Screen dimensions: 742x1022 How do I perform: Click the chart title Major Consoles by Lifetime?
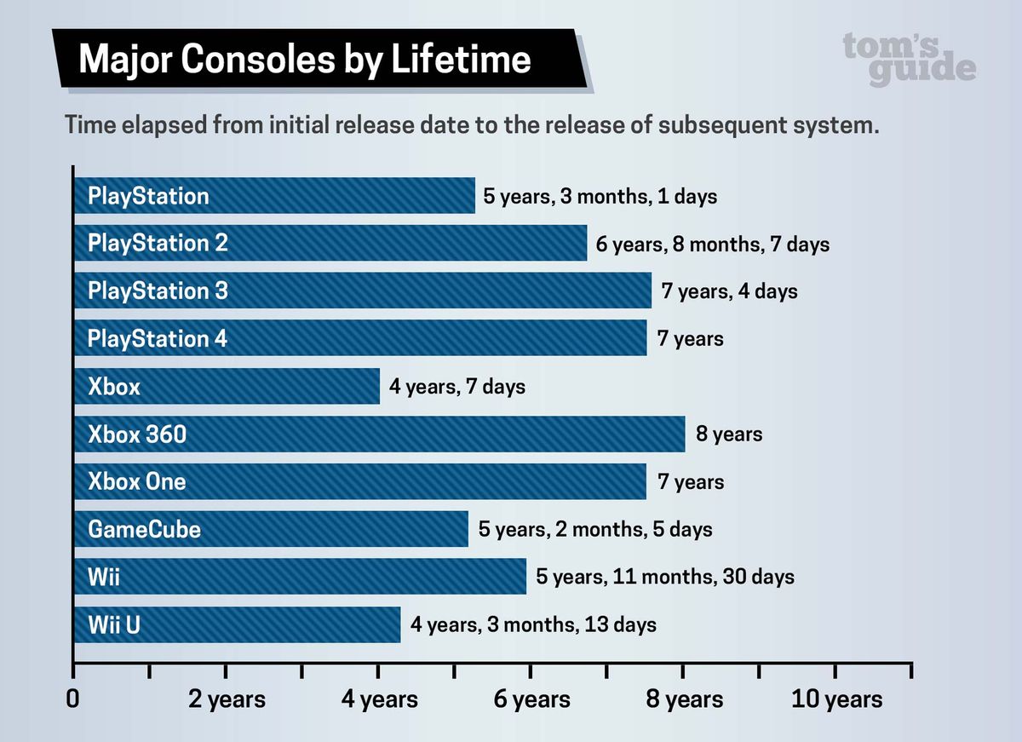click(304, 60)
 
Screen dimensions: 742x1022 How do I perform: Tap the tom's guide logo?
click(909, 58)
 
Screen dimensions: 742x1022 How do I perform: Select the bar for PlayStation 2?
click(330, 244)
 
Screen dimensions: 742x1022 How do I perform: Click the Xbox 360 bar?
click(379, 434)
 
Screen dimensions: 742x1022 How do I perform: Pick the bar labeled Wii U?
click(237, 624)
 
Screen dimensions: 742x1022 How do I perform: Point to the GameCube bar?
click(271, 529)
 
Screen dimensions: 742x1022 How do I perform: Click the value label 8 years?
click(729, 434)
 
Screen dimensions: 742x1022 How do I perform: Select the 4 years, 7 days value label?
click(457, 387)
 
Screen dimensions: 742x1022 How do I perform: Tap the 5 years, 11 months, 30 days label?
click(665, 577)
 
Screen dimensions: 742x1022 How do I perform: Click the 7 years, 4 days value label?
click(730, 291)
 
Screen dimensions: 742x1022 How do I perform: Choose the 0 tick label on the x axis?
click(73, 699)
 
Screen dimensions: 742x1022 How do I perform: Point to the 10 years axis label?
click(837, 699)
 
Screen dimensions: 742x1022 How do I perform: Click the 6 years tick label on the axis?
click(531, 699)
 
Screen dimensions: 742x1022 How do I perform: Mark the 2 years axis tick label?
click(227, 699)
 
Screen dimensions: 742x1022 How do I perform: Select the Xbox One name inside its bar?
click(136, 482)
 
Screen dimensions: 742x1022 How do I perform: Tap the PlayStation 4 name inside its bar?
click(158, 339)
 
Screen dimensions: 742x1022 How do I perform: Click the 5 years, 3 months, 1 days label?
click(600, 196)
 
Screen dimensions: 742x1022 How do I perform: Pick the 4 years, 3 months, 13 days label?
click(533, 624)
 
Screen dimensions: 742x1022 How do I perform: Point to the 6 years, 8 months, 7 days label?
click(712, 244)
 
